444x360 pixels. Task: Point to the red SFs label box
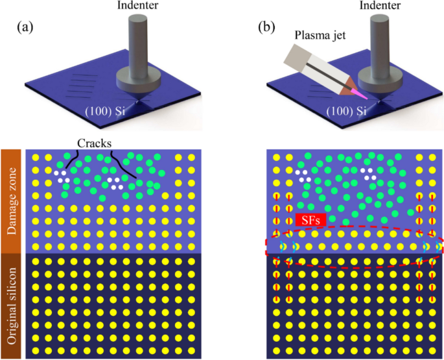point(310,221)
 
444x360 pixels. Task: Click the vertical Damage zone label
point(12,201)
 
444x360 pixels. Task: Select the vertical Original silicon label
point(12,305)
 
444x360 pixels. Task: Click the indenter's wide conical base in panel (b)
point(380,82)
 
